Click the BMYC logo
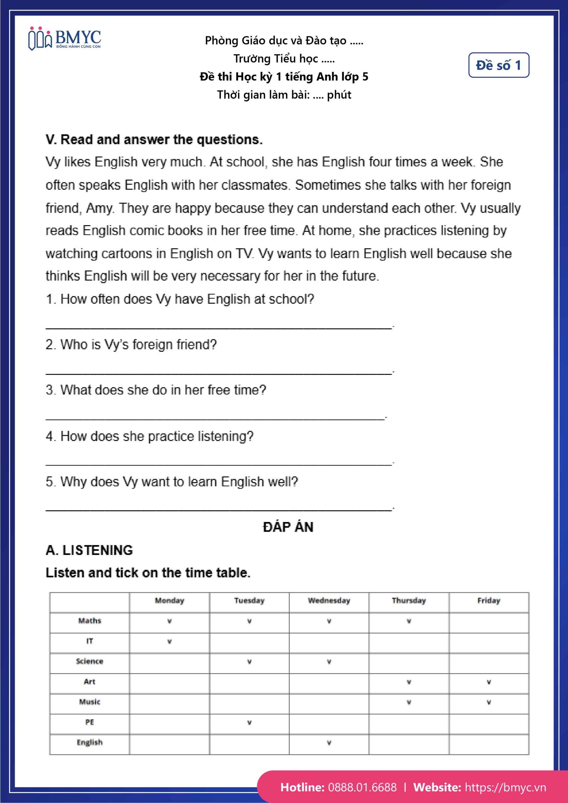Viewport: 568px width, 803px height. [x=65, y=39]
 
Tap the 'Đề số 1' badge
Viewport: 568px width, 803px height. [x=498, y=65]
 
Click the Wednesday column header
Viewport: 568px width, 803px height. [x=329, y=600]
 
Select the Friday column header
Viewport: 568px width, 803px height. [x=489, y=600]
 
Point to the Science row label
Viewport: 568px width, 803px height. [x=89, y=661]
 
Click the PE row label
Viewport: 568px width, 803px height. [x=89, y=722]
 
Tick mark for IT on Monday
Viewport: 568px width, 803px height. [x=169, y=641]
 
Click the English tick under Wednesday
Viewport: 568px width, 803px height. [x=329, y=742]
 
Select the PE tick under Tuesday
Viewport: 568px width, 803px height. [x=249, y=722]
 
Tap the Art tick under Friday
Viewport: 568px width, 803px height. [x=489, y=682]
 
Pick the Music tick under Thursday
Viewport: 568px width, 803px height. [x=409, y=702]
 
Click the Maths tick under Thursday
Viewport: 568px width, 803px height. [x=409, y=621]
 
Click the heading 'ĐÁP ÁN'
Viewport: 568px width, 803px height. [x=288, y=527]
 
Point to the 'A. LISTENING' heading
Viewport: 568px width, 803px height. [x=89, y=550]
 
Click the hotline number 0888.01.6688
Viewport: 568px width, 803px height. [x=362, y=787]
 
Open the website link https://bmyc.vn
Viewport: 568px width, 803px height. [x=505, y=787]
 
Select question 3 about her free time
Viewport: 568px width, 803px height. [x=156, y=390]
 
